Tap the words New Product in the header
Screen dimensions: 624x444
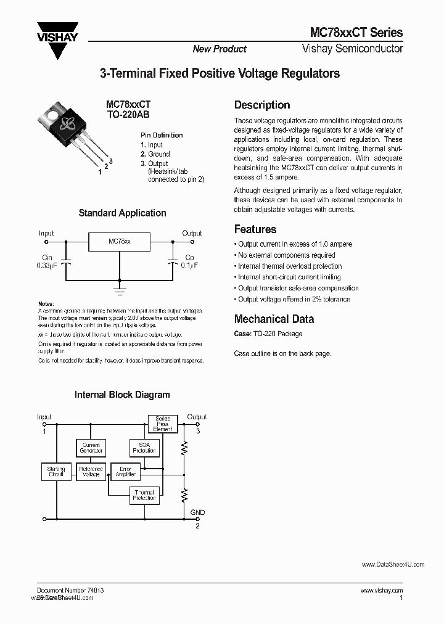[219, 49]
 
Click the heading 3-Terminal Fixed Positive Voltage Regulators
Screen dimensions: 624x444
[220, 74]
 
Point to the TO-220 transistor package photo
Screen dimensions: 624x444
[67, 131]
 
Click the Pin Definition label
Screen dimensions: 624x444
[161, 135]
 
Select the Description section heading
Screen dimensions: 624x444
[262, 105]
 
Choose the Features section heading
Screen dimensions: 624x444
[255, 229]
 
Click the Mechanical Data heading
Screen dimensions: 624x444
[274, 319]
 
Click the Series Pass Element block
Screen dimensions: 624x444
[162, 424]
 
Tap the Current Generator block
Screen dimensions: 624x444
[91, 448]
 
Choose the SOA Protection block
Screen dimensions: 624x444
[144, 448]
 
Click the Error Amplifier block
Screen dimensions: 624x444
[125, 472]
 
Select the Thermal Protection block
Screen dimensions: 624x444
[144, 495]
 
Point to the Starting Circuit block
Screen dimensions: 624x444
[56, 472]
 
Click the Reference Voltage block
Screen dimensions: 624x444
[91, 472]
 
